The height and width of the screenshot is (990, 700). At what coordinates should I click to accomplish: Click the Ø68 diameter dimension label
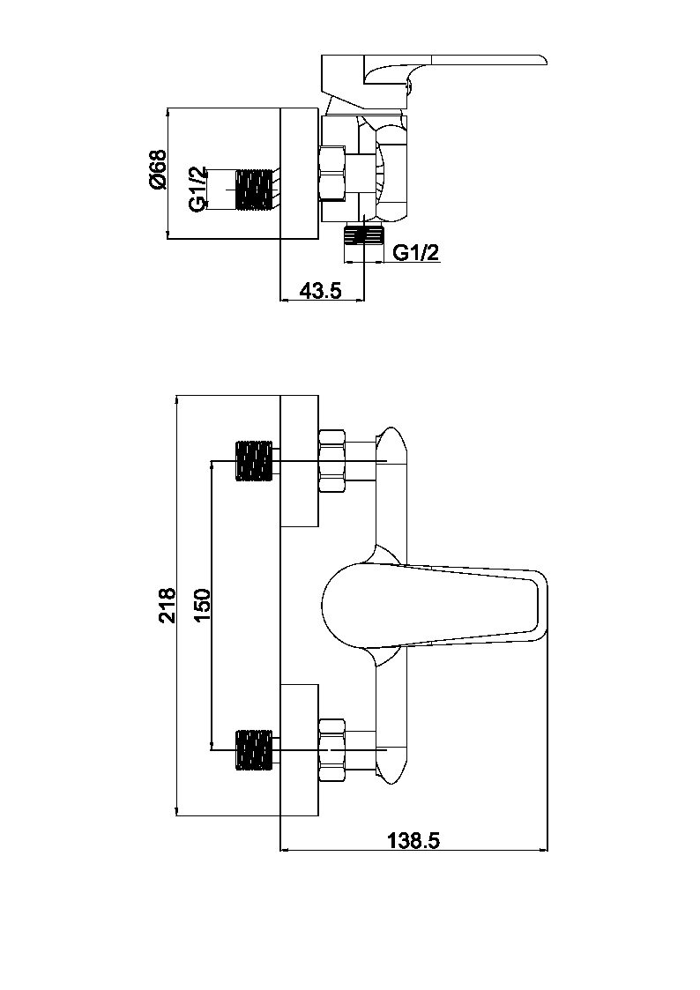(x=158, y=170)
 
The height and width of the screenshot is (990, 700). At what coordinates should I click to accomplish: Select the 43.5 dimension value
(x=320, y=291)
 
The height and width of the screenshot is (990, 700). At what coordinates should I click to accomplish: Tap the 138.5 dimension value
(x=413, y=840)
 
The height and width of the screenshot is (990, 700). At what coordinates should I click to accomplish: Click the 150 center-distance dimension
(x=202, y=605)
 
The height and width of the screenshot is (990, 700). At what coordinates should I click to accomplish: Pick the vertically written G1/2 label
(x=198, y=189)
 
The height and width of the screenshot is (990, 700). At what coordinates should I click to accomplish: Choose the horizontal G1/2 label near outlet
(x=415, y=253)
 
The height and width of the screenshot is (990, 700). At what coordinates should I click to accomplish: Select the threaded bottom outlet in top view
(x=364, y=235)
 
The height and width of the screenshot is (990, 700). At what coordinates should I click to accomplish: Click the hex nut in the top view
(x=333, y=173)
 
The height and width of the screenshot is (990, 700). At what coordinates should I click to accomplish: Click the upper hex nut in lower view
(x=332, y=460)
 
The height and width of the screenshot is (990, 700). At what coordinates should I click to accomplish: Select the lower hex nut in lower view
(x=332, y=749)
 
